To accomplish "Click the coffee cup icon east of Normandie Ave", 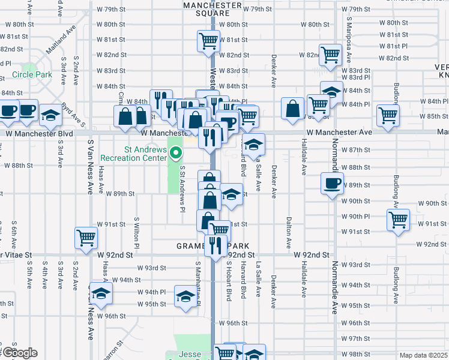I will (331, 183).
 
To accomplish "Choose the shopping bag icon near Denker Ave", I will (292, 109).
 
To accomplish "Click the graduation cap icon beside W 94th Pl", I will (101, 293).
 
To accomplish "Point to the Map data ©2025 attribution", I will (423, 355).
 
